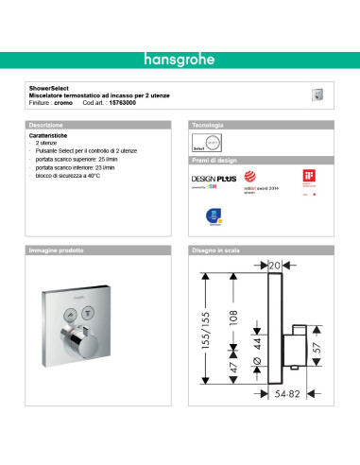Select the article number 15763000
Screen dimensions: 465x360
(124, 102)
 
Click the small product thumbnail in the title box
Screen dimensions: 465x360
(317, 94)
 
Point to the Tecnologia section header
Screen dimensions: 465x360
(209, 125)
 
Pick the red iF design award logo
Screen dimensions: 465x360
(307, 177)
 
